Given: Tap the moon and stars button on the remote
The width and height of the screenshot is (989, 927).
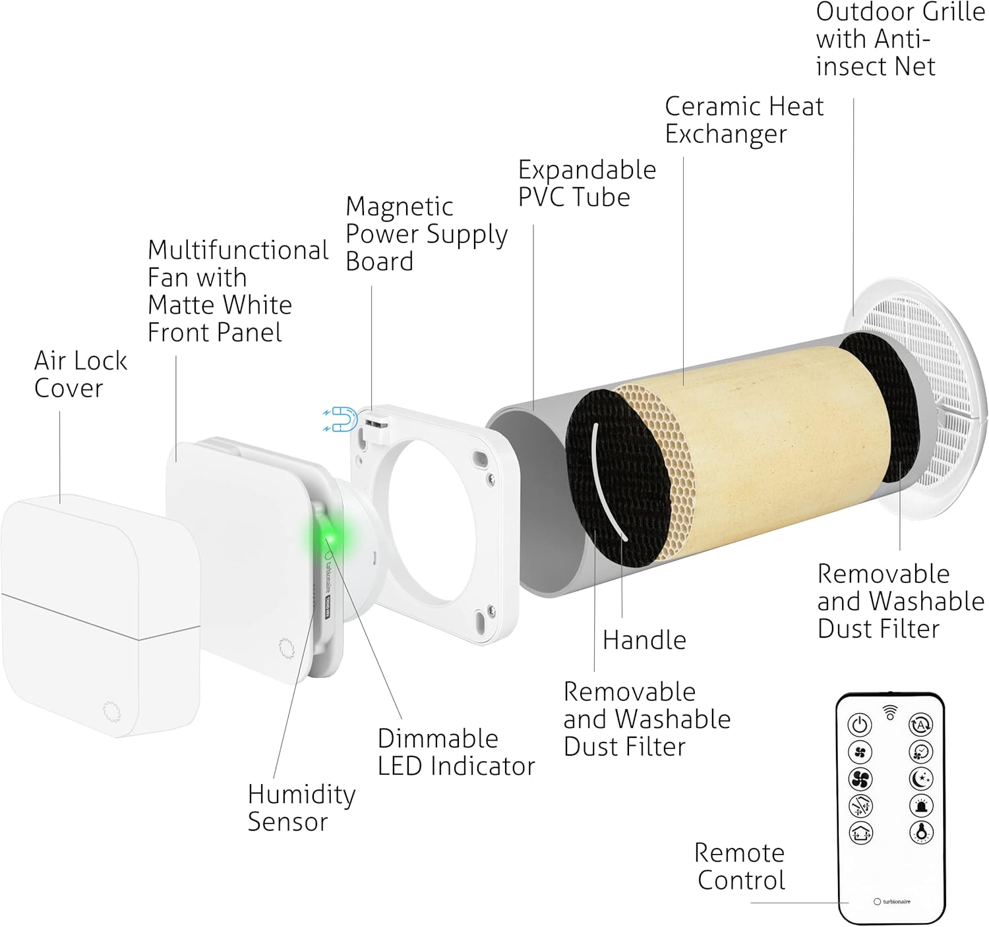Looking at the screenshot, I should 921,779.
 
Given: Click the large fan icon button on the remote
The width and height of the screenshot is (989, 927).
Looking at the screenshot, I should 860,779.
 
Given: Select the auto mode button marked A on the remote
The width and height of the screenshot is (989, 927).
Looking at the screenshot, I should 921,725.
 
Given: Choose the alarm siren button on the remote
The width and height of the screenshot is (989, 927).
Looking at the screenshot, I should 921,805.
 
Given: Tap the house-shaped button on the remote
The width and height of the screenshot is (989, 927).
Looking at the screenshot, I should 860,833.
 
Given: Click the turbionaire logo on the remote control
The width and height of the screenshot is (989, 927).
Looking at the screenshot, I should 892,901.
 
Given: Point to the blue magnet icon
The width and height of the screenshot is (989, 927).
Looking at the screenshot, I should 342,419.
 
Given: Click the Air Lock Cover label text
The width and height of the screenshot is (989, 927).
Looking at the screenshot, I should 80,374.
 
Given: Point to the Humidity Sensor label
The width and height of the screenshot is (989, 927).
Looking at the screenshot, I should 301,808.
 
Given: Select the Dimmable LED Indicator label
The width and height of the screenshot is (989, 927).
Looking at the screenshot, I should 456,752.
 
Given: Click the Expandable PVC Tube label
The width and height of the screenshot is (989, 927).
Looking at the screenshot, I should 586,183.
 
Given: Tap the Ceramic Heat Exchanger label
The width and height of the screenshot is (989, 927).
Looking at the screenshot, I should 744,120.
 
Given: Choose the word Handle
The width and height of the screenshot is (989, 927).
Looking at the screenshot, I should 644,640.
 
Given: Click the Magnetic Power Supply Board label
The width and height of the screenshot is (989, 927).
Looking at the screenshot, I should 426,234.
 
